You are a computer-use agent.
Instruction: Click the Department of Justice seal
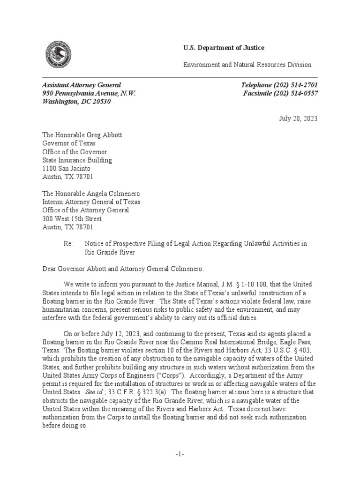(x=59, y=55)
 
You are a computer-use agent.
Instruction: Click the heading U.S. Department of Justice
(x=223, y=48)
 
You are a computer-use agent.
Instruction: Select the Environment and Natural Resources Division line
(x=247, y=65)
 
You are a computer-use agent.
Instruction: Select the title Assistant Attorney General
(x=82, y=85)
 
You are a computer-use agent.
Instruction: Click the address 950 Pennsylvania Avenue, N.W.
(x=89, y=93)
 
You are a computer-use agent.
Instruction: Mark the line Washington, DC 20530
(x=76, y=102)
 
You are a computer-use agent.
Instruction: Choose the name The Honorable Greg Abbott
(x=82, y=135)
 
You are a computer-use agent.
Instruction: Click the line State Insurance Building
(x=77, y=160)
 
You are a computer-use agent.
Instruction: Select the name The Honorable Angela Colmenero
(x=91, y=194)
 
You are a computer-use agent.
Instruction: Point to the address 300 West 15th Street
(x=72, y=219)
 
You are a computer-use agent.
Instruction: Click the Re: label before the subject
(x=68, y=244)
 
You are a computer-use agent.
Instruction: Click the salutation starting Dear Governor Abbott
(x=123, y=269)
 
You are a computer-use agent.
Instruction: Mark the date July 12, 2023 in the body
(x=127, y=333)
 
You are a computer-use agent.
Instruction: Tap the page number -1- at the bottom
(x=180, y=455)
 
